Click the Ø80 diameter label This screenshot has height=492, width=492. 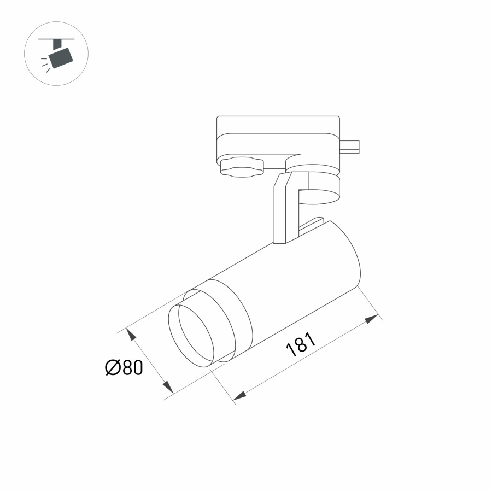click(124, 368)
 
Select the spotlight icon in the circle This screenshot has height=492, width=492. click(56, 54)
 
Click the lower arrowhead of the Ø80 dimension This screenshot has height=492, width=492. click(167, 386)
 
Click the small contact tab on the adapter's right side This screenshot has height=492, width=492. click(350, 146)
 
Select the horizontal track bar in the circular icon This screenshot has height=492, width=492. click(56, 39)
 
